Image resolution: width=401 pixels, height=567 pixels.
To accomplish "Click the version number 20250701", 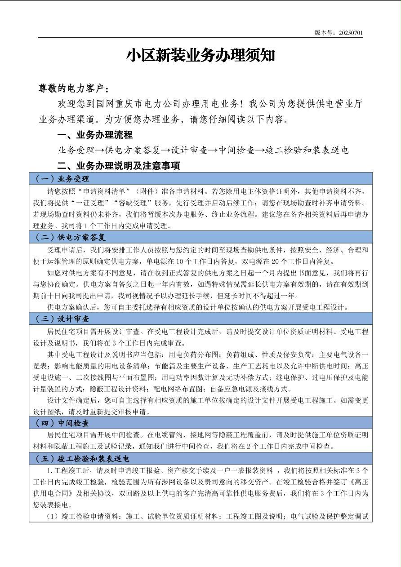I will click(x=351, y=33).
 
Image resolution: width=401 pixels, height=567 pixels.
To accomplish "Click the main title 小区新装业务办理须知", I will click(x=200, y=55).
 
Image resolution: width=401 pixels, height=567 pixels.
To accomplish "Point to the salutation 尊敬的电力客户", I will click(x=73, y=88).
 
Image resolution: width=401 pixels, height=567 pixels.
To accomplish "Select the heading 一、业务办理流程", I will click(x=95, y=135).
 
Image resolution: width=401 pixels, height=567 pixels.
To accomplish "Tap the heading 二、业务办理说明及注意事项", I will click(x=119, y=165).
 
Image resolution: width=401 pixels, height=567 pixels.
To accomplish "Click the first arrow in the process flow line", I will click(x=99, y=151).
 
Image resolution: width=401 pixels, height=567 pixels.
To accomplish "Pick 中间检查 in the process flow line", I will click(x=236, y=151).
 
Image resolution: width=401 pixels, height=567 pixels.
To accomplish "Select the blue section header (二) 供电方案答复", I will click(x=70, y=237).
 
